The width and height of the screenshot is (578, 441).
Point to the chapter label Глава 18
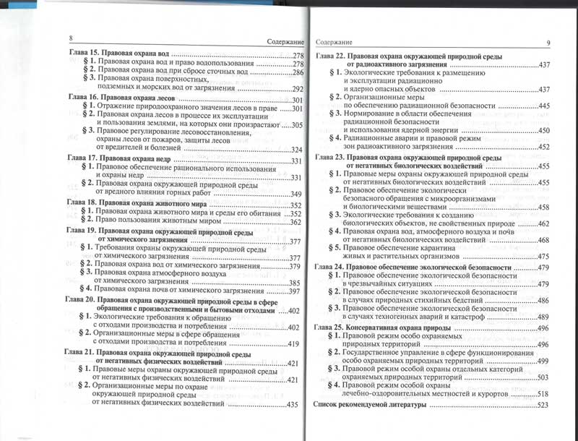[x=80, y=203]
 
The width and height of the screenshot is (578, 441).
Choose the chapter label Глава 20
[x=79, y=299]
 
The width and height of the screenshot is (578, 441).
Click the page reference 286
[x=296, y=73]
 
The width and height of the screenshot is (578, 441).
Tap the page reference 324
[x=293, y=150]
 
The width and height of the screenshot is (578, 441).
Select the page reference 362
[x=291, y=223]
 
